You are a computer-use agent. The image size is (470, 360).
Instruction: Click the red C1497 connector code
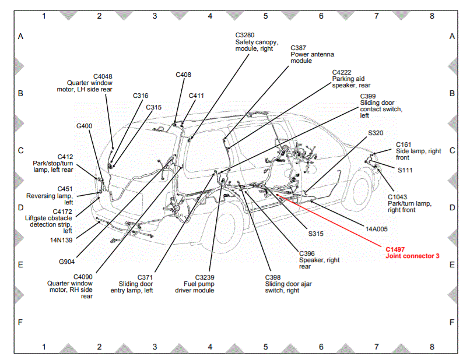(x=395, y=249)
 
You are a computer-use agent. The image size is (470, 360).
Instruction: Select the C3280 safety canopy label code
(x=245, y=35)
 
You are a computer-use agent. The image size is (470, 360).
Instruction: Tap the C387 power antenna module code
(x=299, y=47)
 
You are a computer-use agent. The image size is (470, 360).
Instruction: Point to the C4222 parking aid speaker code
(x=343, y=72)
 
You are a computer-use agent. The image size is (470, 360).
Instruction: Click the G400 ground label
(x=85, y=125)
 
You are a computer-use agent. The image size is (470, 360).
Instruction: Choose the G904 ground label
(x=67, y=262)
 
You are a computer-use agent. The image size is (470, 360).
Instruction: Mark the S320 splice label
(x=376, y=133)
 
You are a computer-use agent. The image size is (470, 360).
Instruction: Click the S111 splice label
(x=405, y=171)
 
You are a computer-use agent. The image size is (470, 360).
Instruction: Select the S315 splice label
(x=315, y=234)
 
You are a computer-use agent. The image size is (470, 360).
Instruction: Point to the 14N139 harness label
(x=61, y=239)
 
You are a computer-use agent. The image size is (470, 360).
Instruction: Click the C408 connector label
(x=183, y=75)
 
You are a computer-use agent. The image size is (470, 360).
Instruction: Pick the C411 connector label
(x=197, y=96)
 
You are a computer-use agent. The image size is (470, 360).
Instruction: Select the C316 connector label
(x=141, y=96)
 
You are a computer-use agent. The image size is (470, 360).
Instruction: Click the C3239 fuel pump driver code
(x=205, y=277)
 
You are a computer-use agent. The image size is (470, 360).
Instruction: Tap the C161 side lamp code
(x=404, y=144)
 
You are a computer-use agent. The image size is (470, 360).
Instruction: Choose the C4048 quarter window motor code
(x=103, y=76)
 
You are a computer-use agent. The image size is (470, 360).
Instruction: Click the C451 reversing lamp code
(x=65, y=189)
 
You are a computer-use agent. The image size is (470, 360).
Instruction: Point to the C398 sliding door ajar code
(x=273, y=277)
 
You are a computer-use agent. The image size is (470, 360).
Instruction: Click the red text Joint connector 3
(x=413, y=256)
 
